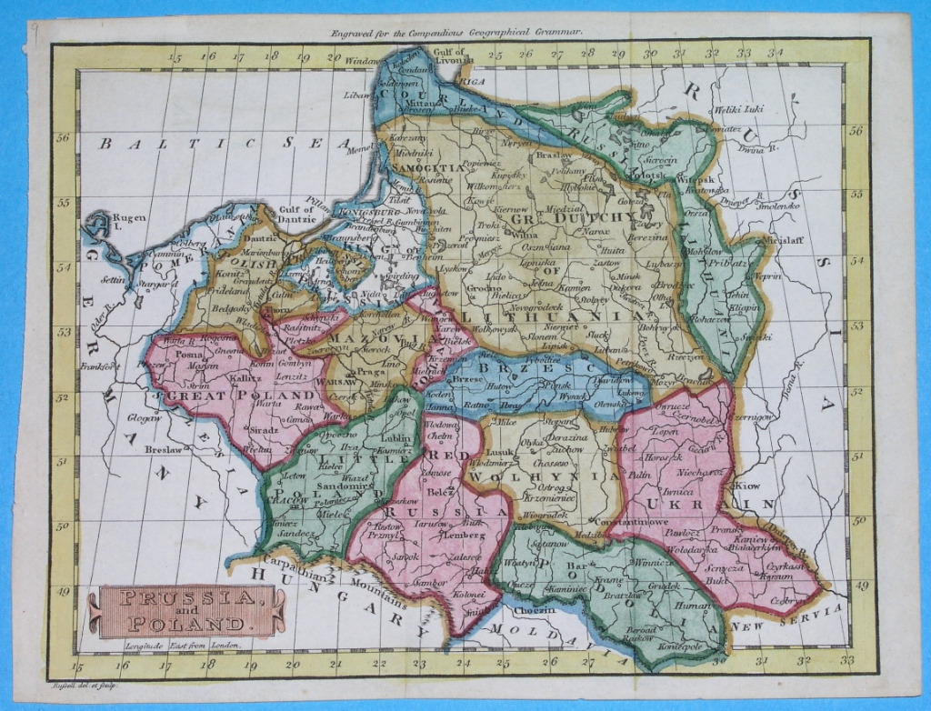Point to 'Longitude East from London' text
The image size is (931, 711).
tap(182, 646)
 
